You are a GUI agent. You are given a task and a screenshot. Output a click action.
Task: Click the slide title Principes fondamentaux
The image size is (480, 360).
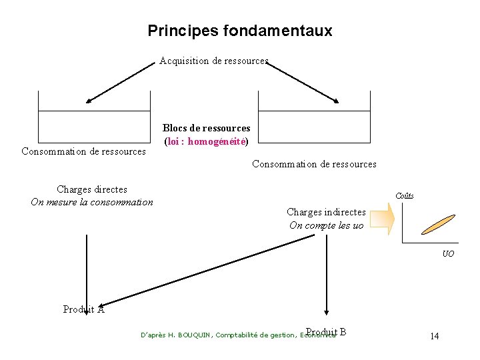[x=239, y=31]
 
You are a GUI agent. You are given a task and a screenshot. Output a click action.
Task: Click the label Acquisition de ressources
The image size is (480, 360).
[x=213, y=61]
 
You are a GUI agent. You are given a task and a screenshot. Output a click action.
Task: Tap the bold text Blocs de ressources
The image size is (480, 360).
[x=207, y=128]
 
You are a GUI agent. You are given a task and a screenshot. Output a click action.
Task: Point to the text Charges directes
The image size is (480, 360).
[x=92, y=189]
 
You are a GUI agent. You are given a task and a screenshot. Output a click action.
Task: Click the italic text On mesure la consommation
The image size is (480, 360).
[x=92, y=202]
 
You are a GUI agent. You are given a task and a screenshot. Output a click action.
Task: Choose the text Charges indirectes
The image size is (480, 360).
[x=326, y=212]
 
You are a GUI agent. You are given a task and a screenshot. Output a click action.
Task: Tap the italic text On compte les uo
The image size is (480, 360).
[x=326, y=225]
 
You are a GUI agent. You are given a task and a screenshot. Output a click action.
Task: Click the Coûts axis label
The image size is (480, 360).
[x=405, y=195]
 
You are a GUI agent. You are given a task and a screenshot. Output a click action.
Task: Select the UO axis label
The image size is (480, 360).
[x=449, y=254]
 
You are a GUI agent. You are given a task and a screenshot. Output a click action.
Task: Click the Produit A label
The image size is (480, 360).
[x=83, y=309]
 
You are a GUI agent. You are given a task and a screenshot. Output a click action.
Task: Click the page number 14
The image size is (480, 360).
[x=434, y=336]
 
